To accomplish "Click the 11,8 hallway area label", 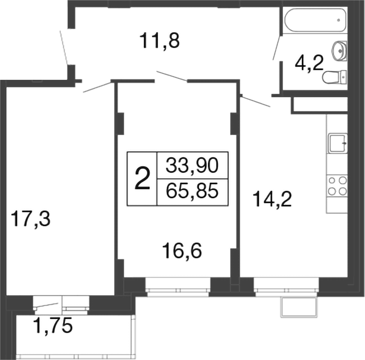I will coord(160,40).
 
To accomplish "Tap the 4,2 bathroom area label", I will coord(308,65).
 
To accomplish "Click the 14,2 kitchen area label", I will coord(272,200).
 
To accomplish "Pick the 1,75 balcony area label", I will coord(53,326).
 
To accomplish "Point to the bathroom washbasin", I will coord(339,50).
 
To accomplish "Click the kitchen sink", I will coord(338,143).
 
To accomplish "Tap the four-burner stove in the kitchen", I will coord(337,184).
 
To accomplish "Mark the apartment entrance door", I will coord(64,48).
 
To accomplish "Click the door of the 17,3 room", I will coord(98,86).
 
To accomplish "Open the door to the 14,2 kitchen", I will coord(255,101).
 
